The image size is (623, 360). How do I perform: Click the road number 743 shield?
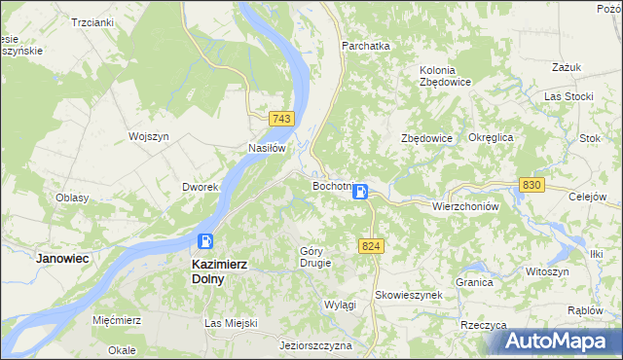point(282,118)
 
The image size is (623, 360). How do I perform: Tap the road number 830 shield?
point(531,185)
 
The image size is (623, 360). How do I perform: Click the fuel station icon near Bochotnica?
point(360,192)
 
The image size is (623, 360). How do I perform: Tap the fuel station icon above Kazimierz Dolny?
point(205,241)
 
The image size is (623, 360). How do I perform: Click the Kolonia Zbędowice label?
point(445,76)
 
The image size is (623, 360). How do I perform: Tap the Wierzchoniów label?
point(465,206)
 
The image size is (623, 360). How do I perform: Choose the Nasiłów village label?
point(266,149)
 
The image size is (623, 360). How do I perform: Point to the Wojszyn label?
point(150,136)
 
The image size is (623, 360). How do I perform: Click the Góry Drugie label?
point(314,256)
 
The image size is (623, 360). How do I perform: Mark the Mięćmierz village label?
point(118,319)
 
